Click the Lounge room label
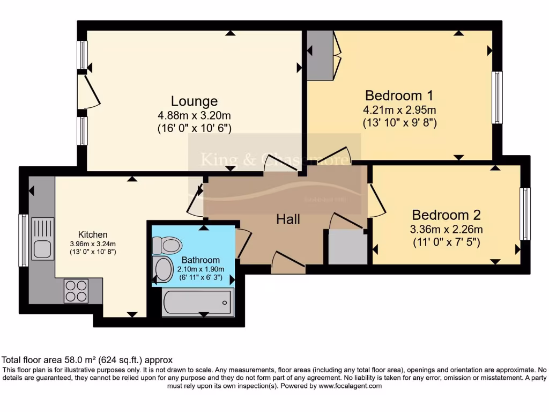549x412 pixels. click(x=194, y=101)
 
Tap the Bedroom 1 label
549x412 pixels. click(x=399, y=95)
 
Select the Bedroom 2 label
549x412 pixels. click(x=446, y=215)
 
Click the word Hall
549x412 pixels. click(x=288, y=219)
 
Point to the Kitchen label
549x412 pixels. click(x=93, y=234)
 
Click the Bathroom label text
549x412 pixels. click(x=200, y=260)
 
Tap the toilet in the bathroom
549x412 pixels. click(x=167, y=245)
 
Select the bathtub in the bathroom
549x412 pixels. click(x=198, y=301)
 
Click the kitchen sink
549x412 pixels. click(x=42, y=239)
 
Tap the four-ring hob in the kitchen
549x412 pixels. click(x=76, y=291)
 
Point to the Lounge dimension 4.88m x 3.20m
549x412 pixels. click(x=194, y=115)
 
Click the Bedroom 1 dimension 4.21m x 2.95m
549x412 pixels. click(x=399, y=110)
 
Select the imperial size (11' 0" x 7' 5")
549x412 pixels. click(x=446, y=242)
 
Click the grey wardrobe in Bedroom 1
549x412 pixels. click(x=320, y=55)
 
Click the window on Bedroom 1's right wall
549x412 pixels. click(x=498, y=98)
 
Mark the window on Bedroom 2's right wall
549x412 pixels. click(x=525, y=214)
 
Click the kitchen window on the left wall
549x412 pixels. click(x=24, y=240)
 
